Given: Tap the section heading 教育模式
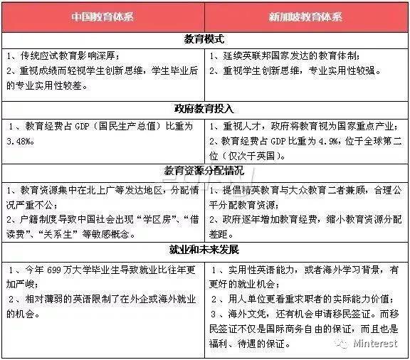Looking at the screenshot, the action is point(205,41).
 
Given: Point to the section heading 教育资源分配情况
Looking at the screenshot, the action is point(205,171).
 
